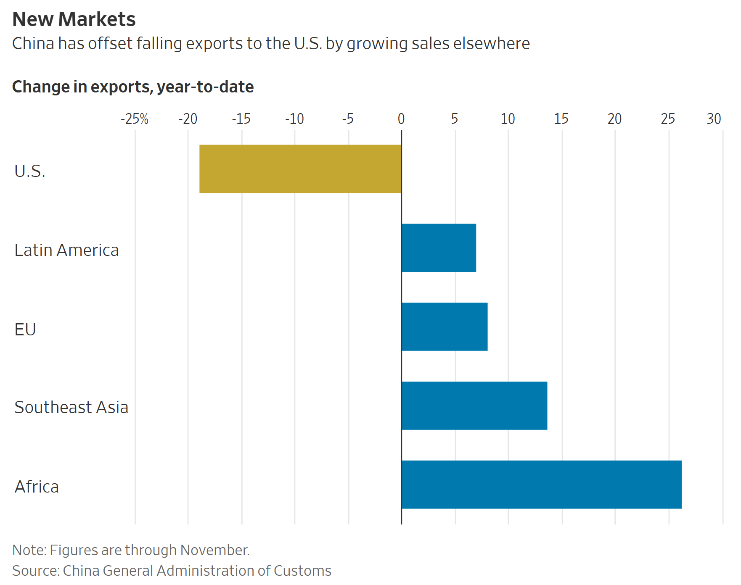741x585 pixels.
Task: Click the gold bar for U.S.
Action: click(x=300, y=169)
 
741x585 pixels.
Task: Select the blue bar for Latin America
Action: click(x=439, y=248)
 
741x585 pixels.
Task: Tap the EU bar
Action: click(x=445, y=327)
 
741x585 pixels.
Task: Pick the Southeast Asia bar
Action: click(x=474, y=406)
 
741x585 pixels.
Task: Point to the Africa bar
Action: click(x=541, y=485)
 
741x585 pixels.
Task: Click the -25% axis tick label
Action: click(x=135, y=119)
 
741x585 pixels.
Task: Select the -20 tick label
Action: click(x=188, y=119)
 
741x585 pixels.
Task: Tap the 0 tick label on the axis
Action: click(x=401, y=119)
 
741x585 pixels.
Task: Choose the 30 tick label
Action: click(x=714, y=119)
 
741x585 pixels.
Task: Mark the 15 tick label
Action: click(x=561, y=119)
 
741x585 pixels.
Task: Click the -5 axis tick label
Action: click(x=348, y=119)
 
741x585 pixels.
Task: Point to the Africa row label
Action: click(x=37, y=487)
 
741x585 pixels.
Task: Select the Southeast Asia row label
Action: click(x=71, y=408)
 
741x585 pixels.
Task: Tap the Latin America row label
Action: click(x=66, y=250)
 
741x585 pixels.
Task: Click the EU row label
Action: click(x=25, y=329)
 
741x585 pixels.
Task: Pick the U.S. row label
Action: click(x=29, y=171)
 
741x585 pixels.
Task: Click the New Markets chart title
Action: click(x=74, y=19)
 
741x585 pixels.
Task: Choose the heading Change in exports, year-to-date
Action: click(x=133, y=87)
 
